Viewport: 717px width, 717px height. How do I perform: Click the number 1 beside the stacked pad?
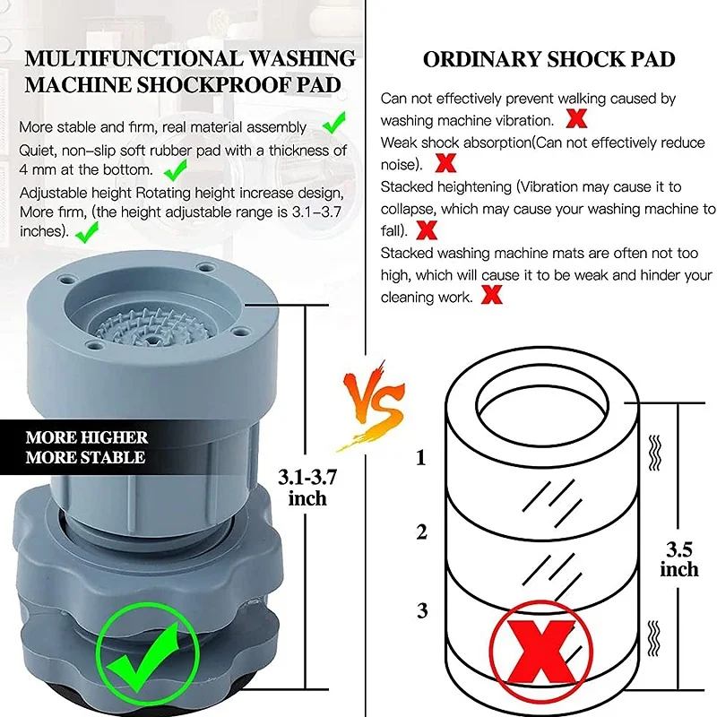coord(421,459)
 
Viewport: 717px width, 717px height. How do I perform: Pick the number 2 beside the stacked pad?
coord(421,532)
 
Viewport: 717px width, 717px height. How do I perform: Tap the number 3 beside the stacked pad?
coord(421,611)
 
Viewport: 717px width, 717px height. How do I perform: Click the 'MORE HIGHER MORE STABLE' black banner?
coord(85,447)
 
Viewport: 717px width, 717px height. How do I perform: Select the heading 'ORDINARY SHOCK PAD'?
coord(549,60)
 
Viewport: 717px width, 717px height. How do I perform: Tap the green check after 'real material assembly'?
coord(334,121)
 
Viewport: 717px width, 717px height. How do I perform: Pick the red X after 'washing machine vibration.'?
coord(577,118)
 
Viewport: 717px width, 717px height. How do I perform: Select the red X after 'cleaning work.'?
coord(491,294)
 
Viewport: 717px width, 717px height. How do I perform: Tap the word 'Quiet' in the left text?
coord(37,151)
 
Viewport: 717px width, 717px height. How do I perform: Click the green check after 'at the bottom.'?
coord(176,168)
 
